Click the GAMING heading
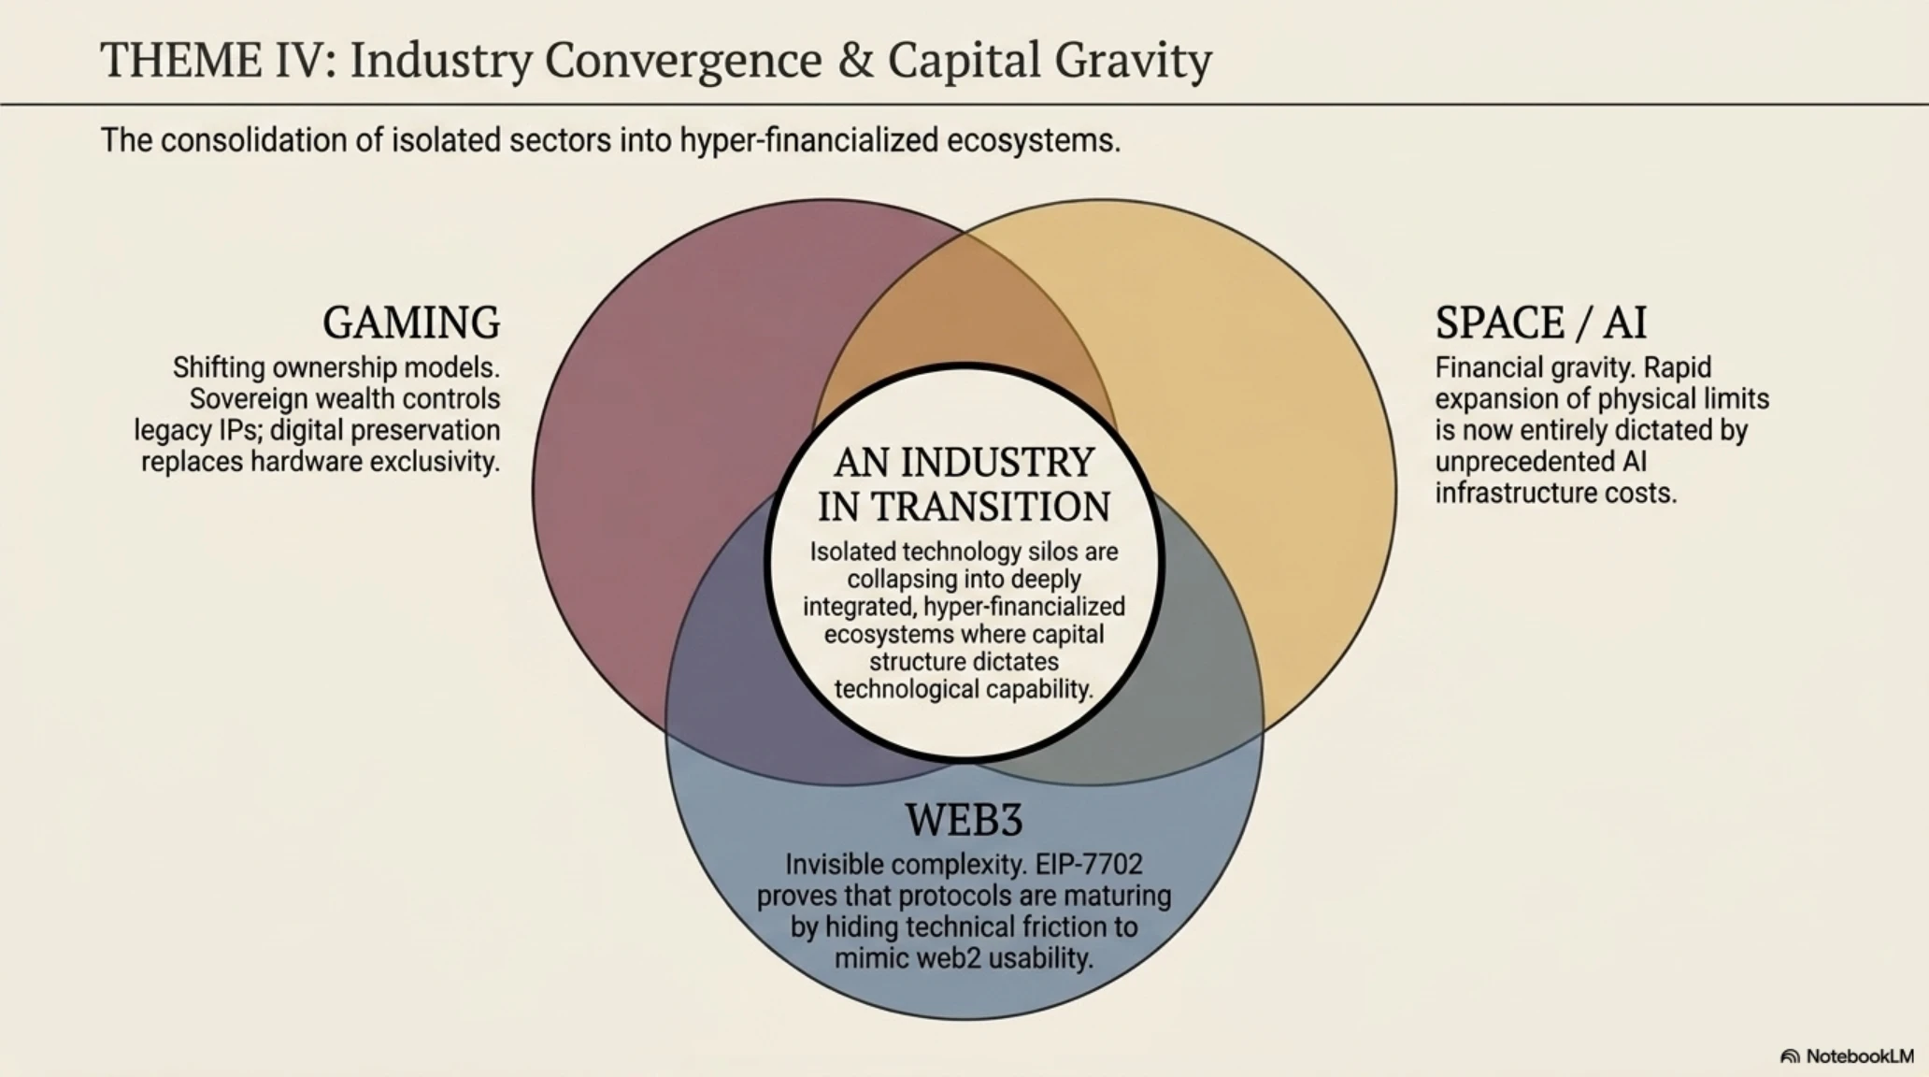[x=411, y=323]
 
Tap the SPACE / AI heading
[x=1541, y=323]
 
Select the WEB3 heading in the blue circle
[x=964, y=820]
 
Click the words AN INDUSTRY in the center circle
[x=964, y=463]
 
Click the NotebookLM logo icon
[x=1790, y=1056]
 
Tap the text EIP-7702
[x=1089, y=864]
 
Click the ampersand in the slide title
[x=854, y=61]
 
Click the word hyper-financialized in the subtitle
[x=808, y=140]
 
